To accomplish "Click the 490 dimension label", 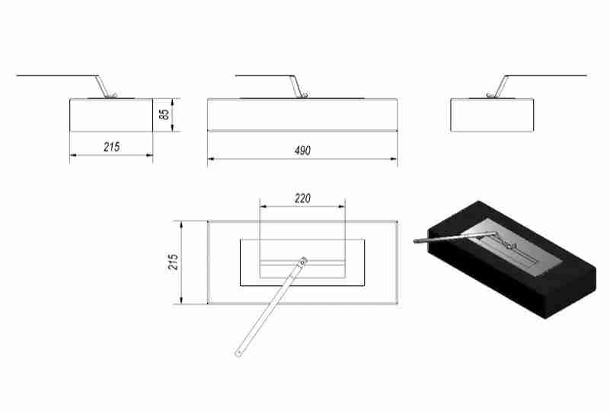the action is [x=302, y=151].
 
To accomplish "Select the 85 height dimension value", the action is [x=164, y=114].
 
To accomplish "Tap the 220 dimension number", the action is [x=302, y=199].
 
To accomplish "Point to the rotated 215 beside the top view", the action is [x=173, y=262].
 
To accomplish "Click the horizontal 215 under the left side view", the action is [x=112, y=147].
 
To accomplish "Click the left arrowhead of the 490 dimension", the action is [x=211, y=158].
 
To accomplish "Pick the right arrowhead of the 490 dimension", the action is [x=393, y=158].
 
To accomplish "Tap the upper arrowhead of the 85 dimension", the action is [x=172, y=102].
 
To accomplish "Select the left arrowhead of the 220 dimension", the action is [x=263, y=206].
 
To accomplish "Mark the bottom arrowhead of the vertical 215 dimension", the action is [x=181, y=300].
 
